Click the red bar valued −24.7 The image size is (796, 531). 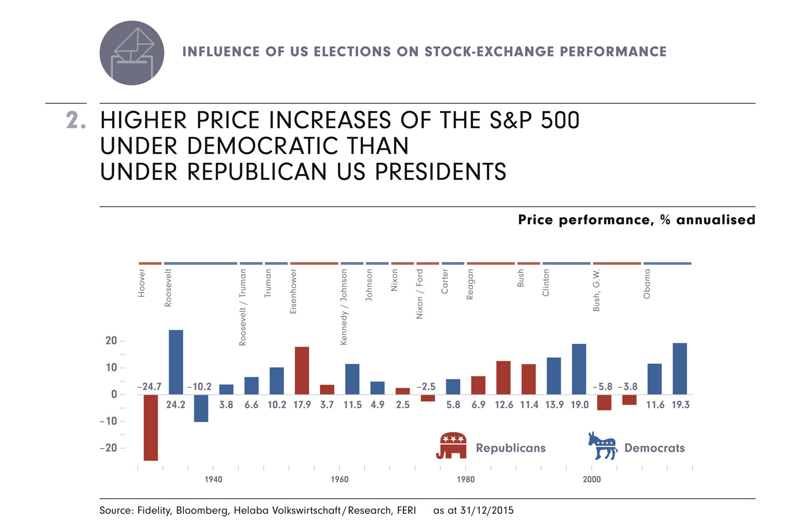(150, 427)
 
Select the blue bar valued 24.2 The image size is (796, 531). (175, 362)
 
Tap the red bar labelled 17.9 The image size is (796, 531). (302, 370)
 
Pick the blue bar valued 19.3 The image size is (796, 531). (680, 369)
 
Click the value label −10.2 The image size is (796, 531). (199, 387)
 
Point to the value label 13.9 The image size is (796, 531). (554, 405)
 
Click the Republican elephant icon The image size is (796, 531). (451, 445)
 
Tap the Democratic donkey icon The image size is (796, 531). (602, 445)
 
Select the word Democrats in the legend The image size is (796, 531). (654, 448)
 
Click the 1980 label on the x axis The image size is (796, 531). (466, 479)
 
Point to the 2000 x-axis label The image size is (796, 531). (592, 479)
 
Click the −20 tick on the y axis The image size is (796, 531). (109, 448)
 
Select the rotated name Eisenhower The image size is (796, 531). (294, 292)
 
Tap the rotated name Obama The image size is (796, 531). (647, 284)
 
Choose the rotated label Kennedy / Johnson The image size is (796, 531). (344, 307)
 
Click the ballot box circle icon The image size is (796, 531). (132, 53)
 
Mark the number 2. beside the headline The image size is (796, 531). (76, 121)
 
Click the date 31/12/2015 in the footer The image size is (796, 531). (487, 510)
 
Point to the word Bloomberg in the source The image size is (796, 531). (202, 510)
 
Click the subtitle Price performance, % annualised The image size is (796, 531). (636, 220)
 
